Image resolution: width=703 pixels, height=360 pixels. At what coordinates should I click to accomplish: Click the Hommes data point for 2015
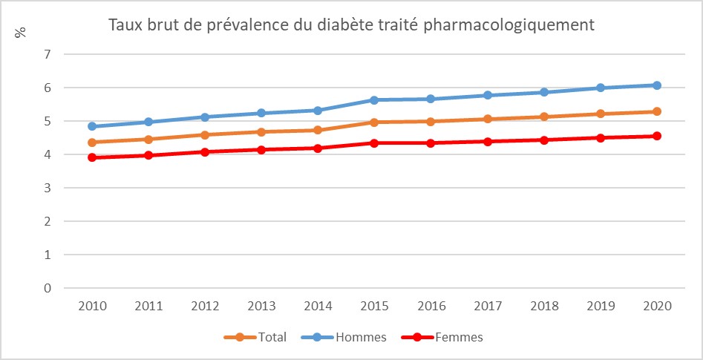point(374,99)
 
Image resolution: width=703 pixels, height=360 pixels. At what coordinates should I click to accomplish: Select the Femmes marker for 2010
point(92,157)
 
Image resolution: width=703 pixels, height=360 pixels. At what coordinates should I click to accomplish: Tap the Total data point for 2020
point(656,111)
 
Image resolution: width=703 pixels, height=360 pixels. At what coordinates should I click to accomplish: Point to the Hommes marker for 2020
point(656,85)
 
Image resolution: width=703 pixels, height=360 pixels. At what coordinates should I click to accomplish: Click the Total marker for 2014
point(318,130)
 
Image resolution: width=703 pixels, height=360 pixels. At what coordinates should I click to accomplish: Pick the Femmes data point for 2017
point(487,141)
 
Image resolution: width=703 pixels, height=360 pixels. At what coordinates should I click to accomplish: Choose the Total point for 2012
point(205,134)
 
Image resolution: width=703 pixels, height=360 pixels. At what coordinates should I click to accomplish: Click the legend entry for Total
point(256,337)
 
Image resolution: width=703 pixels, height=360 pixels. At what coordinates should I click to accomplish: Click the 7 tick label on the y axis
point(47,54)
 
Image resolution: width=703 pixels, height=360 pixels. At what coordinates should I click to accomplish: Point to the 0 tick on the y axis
point(47,288)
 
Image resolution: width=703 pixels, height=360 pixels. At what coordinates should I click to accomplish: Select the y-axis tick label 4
point(47,154)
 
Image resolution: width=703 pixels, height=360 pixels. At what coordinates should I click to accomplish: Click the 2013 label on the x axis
point(261,306)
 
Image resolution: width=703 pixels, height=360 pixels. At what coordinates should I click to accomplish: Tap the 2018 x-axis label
point(543,306)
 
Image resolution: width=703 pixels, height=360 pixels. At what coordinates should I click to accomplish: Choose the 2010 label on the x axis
point(92,306)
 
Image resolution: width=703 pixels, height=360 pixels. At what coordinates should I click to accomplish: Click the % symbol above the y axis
point(20,33)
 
